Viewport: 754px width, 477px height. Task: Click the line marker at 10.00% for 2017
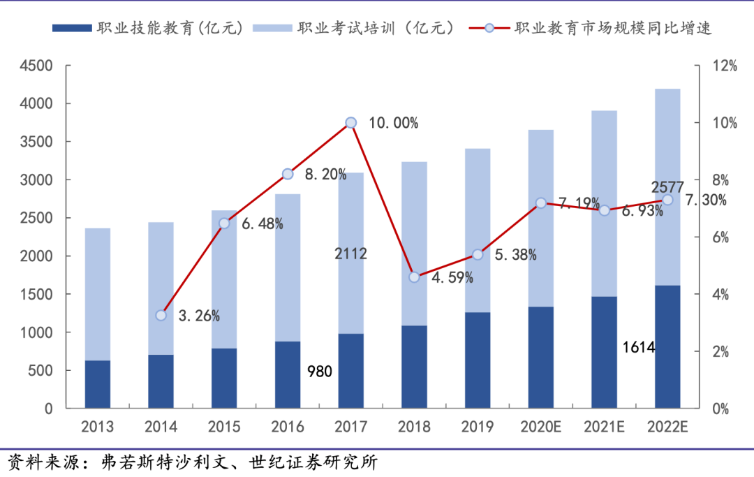pyautogui.click(x=351, y=123)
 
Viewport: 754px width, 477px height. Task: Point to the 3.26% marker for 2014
pyautogui.click(x=161, y=316)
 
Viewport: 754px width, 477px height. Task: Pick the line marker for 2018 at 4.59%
pyautogui.click(x=414, y=277)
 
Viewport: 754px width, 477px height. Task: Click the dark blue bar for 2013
pyautogui.click(x=98, y=384)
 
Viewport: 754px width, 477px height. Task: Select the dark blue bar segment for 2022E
pyautogui.click(x=667, y=346)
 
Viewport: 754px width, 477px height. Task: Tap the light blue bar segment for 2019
pyautogui.click(x=478, y=230)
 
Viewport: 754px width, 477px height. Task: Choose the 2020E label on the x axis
pyautogui.click(x=541, y=427)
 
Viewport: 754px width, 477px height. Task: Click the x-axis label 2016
pyautogui.click(x=288, y=427)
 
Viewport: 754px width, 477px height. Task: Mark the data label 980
pyautogui.click(x=320, y=372)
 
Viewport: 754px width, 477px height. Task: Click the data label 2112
pyautogui.click(x=350, y=254)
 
